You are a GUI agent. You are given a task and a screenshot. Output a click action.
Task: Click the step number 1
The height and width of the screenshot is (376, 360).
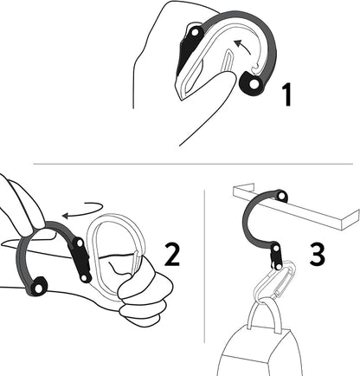pyautogui.click(x=287, y=94)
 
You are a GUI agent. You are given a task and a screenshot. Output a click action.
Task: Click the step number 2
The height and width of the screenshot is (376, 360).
pyautogui.click(x=172, y=254)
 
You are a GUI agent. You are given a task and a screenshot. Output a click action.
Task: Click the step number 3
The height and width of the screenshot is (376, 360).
pyautogui.click(x=317, y=254)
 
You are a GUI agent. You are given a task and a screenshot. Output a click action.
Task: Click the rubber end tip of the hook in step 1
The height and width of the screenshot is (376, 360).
pyautogui.click(x=253, y=82)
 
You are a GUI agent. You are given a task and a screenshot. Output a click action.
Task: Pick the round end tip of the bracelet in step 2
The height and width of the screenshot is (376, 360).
pyautogui.click(x=37, y=287)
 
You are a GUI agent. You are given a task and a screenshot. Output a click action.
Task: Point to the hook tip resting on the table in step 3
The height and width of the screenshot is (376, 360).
pyautogui.click(x=280, y=197)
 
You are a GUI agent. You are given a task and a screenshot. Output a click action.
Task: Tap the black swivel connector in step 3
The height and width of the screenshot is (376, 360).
pyautogui.click(x=275, y=256)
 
